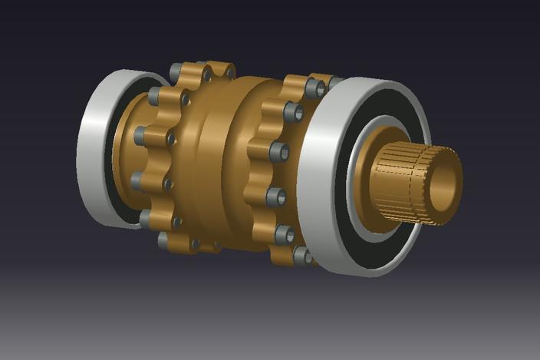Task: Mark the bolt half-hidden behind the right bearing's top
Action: [x=331, y=80]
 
